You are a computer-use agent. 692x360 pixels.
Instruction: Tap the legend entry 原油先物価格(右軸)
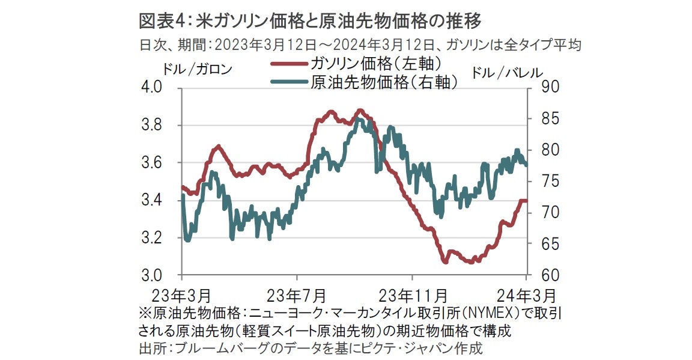[384, 82]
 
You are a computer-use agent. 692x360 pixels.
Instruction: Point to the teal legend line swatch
[289, 82]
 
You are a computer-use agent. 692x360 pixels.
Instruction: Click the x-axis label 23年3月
[181, 296]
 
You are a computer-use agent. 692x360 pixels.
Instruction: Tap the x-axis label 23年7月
[296, 296]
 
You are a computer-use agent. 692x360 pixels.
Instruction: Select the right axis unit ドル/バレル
[506, 72]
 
